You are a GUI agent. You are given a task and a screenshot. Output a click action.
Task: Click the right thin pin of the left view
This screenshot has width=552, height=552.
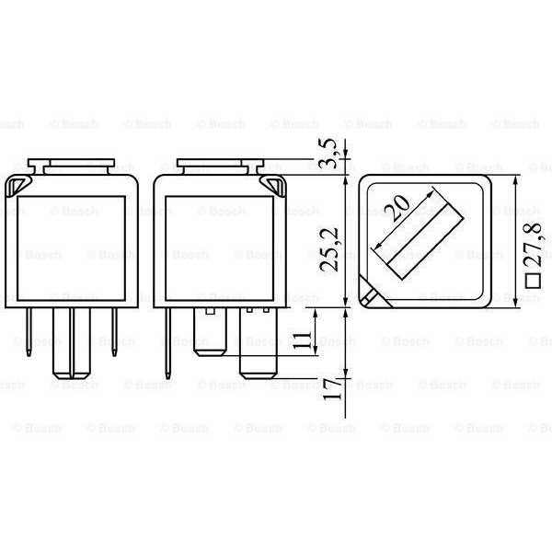pos(114,331)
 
